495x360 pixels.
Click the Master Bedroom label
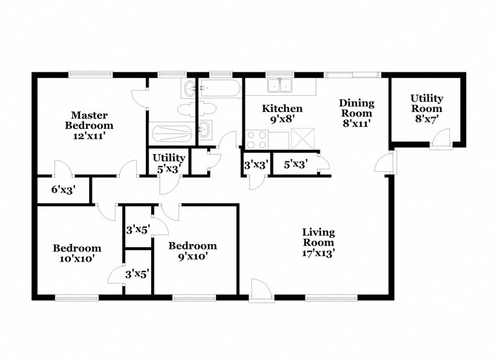(92, 120)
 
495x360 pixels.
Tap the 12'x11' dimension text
(92, 137)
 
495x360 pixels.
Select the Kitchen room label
(281, 108)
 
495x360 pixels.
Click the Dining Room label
(356, 108)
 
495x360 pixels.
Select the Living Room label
(318, 237)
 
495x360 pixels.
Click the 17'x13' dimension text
(318, 254)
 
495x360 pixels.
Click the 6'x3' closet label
(64, 191)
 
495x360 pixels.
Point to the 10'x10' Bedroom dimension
(77, 258)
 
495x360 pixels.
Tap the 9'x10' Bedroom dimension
(192, 256)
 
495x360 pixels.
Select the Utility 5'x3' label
(169, 163)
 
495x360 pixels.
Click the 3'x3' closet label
(255, 165)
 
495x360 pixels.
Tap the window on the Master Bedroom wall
(89, 74)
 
